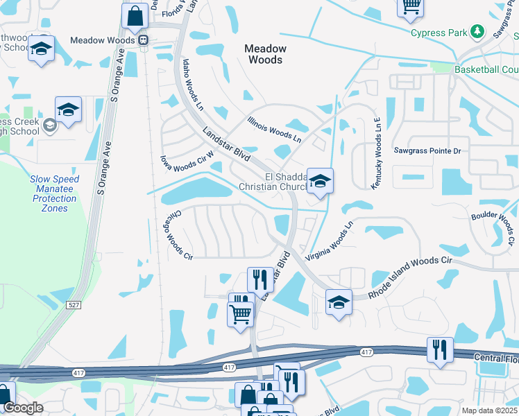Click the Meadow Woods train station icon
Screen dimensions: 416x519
point(144,40)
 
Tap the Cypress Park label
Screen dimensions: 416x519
point(439,33)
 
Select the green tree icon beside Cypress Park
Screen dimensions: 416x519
point(477,31)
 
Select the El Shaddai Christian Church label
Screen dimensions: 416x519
point(273,182)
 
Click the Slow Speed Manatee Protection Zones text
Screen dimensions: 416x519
point(55,193)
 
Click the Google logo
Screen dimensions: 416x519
point(24,408)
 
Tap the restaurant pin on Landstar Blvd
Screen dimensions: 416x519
point(260,279)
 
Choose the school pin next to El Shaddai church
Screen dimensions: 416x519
point(320,182)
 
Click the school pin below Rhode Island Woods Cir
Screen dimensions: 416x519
point(338,303)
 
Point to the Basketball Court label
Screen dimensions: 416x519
point(486,70)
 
